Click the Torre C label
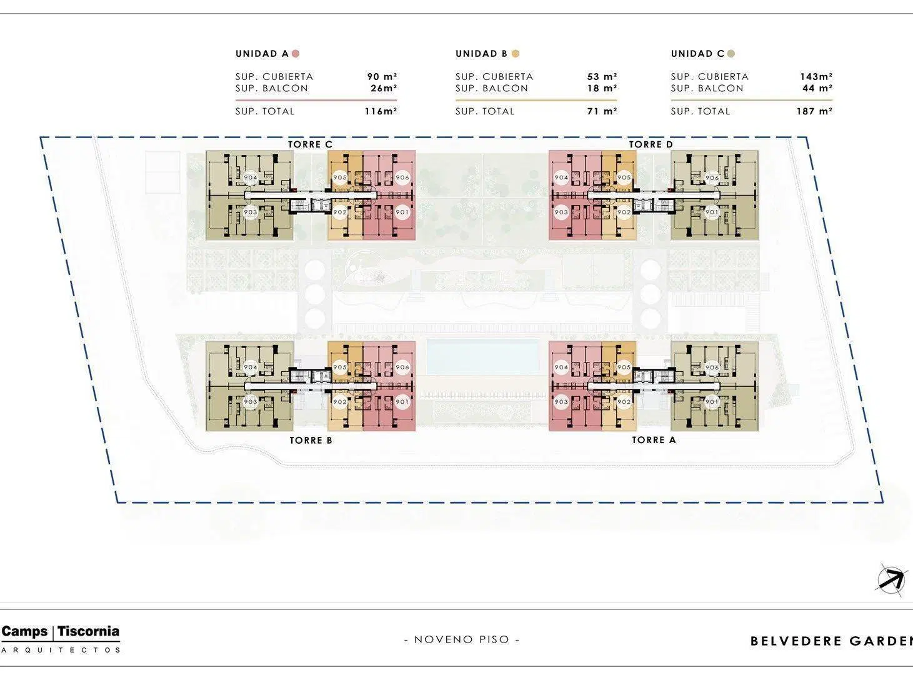(x=310, y=144)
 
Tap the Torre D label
(x=651, y=144)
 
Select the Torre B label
(x=311, y=440)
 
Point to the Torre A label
(x=654, y=440)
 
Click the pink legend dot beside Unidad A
(x=296, y=54)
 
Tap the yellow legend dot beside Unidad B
(x=516, y=54)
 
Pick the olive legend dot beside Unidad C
(x=731, y=54)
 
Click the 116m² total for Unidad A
(x=381, y=111)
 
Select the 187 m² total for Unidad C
(x=815, y=111)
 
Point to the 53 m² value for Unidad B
(x=602, y=77)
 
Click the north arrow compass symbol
(x=892, y=580)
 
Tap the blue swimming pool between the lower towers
(x=482, y=357)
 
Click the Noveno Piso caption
(x=462, y=639)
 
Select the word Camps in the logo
(x=25, y=631)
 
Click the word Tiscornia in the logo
(x=89, y=631)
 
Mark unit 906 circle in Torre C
(x=402, y=177)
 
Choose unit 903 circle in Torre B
(x=250, y=402)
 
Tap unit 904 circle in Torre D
(x=561, y=177)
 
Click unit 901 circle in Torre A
(x=712, y=402)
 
